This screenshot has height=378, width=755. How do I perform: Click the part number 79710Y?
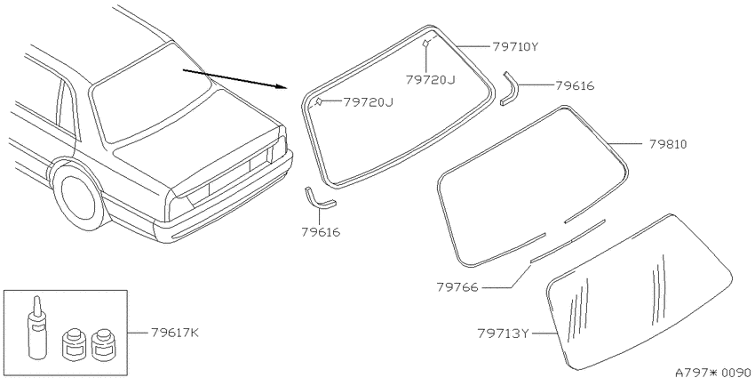tap(514, 47)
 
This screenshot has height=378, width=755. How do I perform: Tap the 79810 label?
tap(667, 144)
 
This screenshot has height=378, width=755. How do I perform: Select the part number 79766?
tap(457, 287)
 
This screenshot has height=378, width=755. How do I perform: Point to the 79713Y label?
tap(504, 334)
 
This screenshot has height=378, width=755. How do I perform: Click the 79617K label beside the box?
tap(174, 334)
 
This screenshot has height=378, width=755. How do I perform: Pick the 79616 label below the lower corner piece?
tap(322, 232)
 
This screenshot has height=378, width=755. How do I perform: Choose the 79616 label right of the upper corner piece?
tap(575, 85)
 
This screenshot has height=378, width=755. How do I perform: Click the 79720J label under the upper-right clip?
tap(430, 79)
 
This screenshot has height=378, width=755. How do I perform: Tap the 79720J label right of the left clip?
tap(368, 102)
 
